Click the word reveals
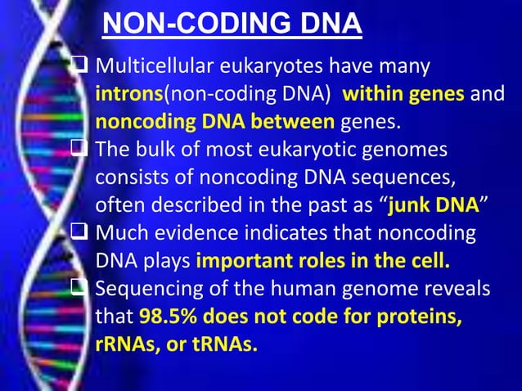point(458,290)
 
